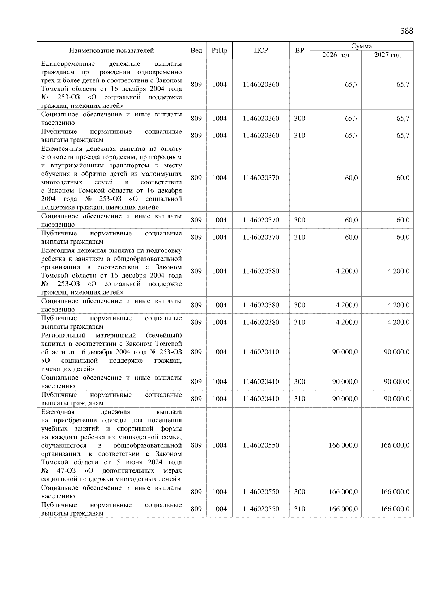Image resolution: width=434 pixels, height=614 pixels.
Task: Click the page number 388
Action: [406, 31]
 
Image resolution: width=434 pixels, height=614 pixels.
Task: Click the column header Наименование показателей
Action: [111, 50]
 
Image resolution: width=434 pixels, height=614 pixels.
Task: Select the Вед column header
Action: [196, 50]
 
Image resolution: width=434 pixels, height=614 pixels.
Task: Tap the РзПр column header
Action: [219, 50]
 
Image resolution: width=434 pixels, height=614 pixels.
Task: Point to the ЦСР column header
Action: [261, 50]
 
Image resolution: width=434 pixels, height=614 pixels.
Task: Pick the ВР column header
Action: [299, 50]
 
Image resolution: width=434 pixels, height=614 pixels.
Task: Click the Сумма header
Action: [361, 46]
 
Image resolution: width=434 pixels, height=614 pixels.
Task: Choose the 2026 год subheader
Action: [336, 55]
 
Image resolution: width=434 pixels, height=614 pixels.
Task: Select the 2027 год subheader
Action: [387, 55]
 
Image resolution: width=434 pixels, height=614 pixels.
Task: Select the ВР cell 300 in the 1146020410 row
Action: [299, 381]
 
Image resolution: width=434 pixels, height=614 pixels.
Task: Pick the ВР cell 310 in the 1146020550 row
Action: [299, 509]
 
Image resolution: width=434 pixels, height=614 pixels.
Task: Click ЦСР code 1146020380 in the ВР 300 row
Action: [261, 305]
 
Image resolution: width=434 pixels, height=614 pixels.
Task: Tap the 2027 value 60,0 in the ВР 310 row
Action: [403, 237]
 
